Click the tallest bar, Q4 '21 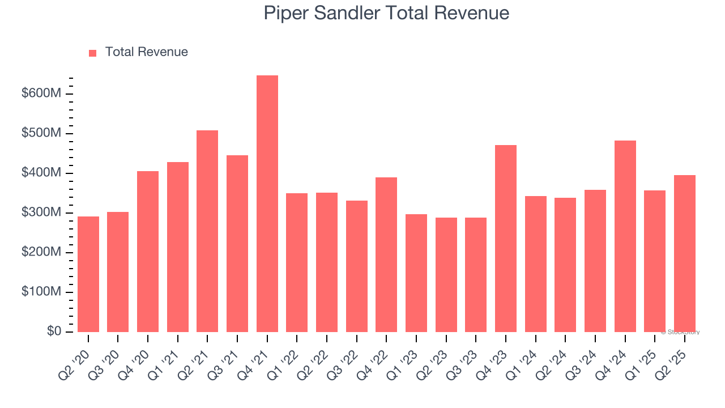[x=267, y=204]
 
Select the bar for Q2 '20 [x=88, y=274]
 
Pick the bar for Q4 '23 [x=505, y=239]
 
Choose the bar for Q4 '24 [x=625, y=236]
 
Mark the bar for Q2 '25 [x=684, y=253]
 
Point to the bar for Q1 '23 [x=416, y=273]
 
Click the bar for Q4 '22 [x=386, y=254]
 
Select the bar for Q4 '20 [x=148, y=252]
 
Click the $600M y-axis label [x=41, y=93]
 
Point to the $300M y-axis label [x=41, y=212]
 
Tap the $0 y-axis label [x=54, y=331]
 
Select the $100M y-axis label [x=41, y=292]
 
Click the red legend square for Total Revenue [x=93, y=53]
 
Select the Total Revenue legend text [x=146, y=52]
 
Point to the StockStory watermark [x=680, y=332]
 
